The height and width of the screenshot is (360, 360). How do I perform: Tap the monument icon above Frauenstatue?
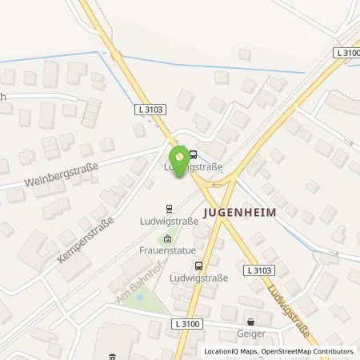(x=168, y=238)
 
